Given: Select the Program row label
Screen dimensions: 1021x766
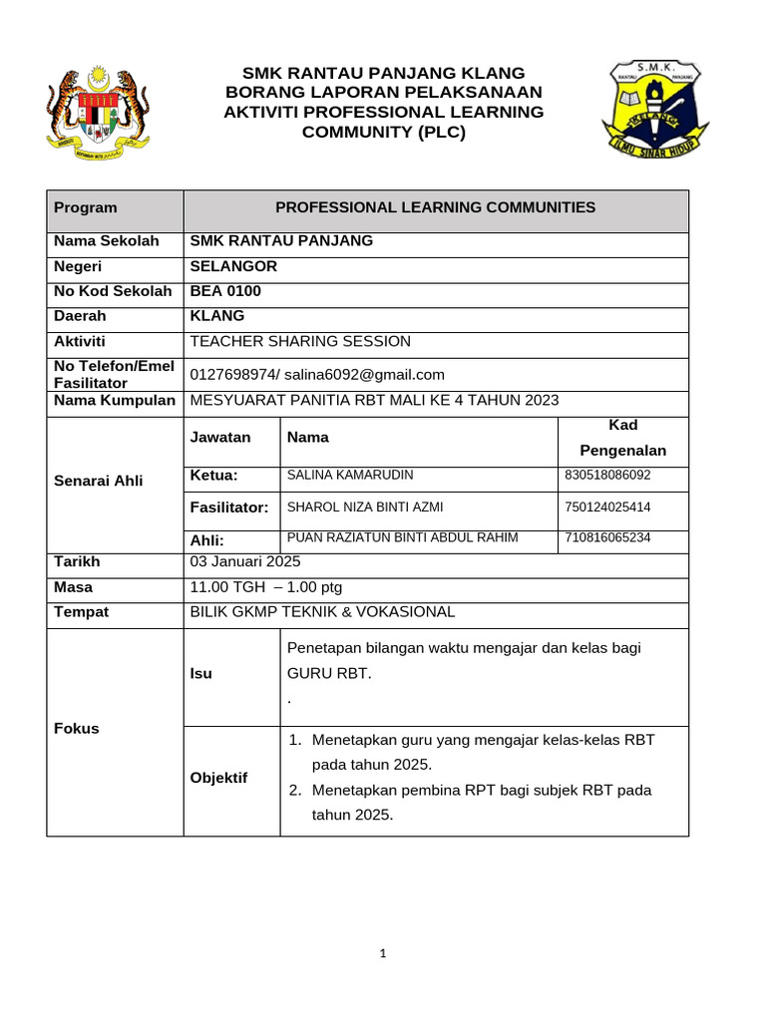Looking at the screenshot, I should [x=86, y=207].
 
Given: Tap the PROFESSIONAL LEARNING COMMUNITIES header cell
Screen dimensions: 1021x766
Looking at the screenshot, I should [x=435, y=207].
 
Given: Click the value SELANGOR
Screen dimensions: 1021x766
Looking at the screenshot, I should [x=233, y=266].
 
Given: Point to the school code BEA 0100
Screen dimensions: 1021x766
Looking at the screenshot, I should [x=225, y=291].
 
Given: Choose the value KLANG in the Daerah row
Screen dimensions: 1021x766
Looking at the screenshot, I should [x=216, y=315].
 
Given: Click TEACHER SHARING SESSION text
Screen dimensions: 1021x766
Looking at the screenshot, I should [x=299, y=341].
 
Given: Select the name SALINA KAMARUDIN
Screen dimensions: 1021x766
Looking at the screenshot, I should [x=349, y=476].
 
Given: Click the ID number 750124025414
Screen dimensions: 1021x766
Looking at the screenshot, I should [x=607, y=508].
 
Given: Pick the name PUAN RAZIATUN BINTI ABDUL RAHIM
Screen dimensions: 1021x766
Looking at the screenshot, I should [x=402, y=537].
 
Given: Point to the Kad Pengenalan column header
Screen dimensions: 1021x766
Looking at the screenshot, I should [x=622, y=438].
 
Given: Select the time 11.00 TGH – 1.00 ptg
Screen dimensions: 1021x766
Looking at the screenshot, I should [x=265, y=587].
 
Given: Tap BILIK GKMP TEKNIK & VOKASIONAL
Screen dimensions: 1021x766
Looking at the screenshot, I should [x=321, y=611].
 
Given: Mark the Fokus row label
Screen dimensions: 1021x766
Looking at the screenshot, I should [x=77, y=728].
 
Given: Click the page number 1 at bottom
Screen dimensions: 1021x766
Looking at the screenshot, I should [x=383, y=954].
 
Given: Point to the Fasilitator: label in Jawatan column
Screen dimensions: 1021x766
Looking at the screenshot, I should [x=229, y=508].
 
